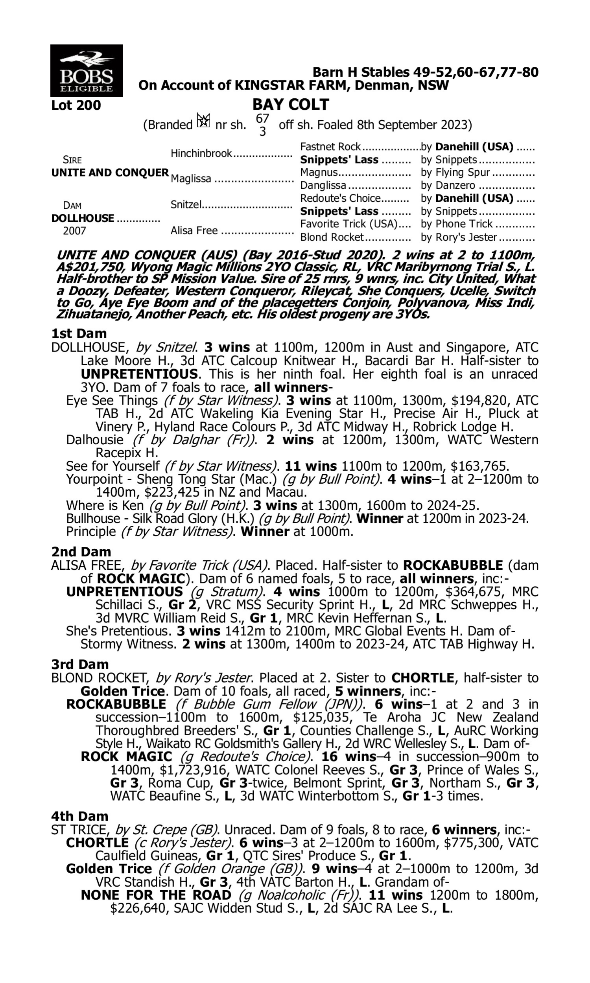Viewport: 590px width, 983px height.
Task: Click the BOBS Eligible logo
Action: point(86,70)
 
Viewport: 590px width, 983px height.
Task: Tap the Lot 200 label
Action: point(76,105)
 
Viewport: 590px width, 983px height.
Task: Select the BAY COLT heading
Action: point(291,105)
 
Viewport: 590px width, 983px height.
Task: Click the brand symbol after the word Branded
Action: point(204,120)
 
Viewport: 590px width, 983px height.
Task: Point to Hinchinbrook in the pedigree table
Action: point(201,153)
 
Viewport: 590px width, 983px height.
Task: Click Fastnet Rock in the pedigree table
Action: point(330,147)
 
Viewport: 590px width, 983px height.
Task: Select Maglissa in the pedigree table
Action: point(191,179)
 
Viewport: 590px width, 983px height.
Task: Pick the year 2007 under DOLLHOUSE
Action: point(74,231)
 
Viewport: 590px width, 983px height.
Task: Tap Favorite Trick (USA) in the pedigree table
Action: point(348,224)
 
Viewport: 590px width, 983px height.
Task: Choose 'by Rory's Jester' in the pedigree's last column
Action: point(459,237)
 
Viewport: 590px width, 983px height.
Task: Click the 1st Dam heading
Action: point(79,333)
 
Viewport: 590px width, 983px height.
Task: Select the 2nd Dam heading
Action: point(81,552)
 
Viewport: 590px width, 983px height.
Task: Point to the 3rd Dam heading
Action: point(80,664)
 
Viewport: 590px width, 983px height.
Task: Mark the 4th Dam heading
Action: point(79,816)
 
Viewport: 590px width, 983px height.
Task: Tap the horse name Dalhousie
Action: point(95,440)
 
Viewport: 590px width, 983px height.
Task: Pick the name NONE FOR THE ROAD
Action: point(156,895)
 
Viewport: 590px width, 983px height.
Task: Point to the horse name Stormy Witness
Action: point(128,644)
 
